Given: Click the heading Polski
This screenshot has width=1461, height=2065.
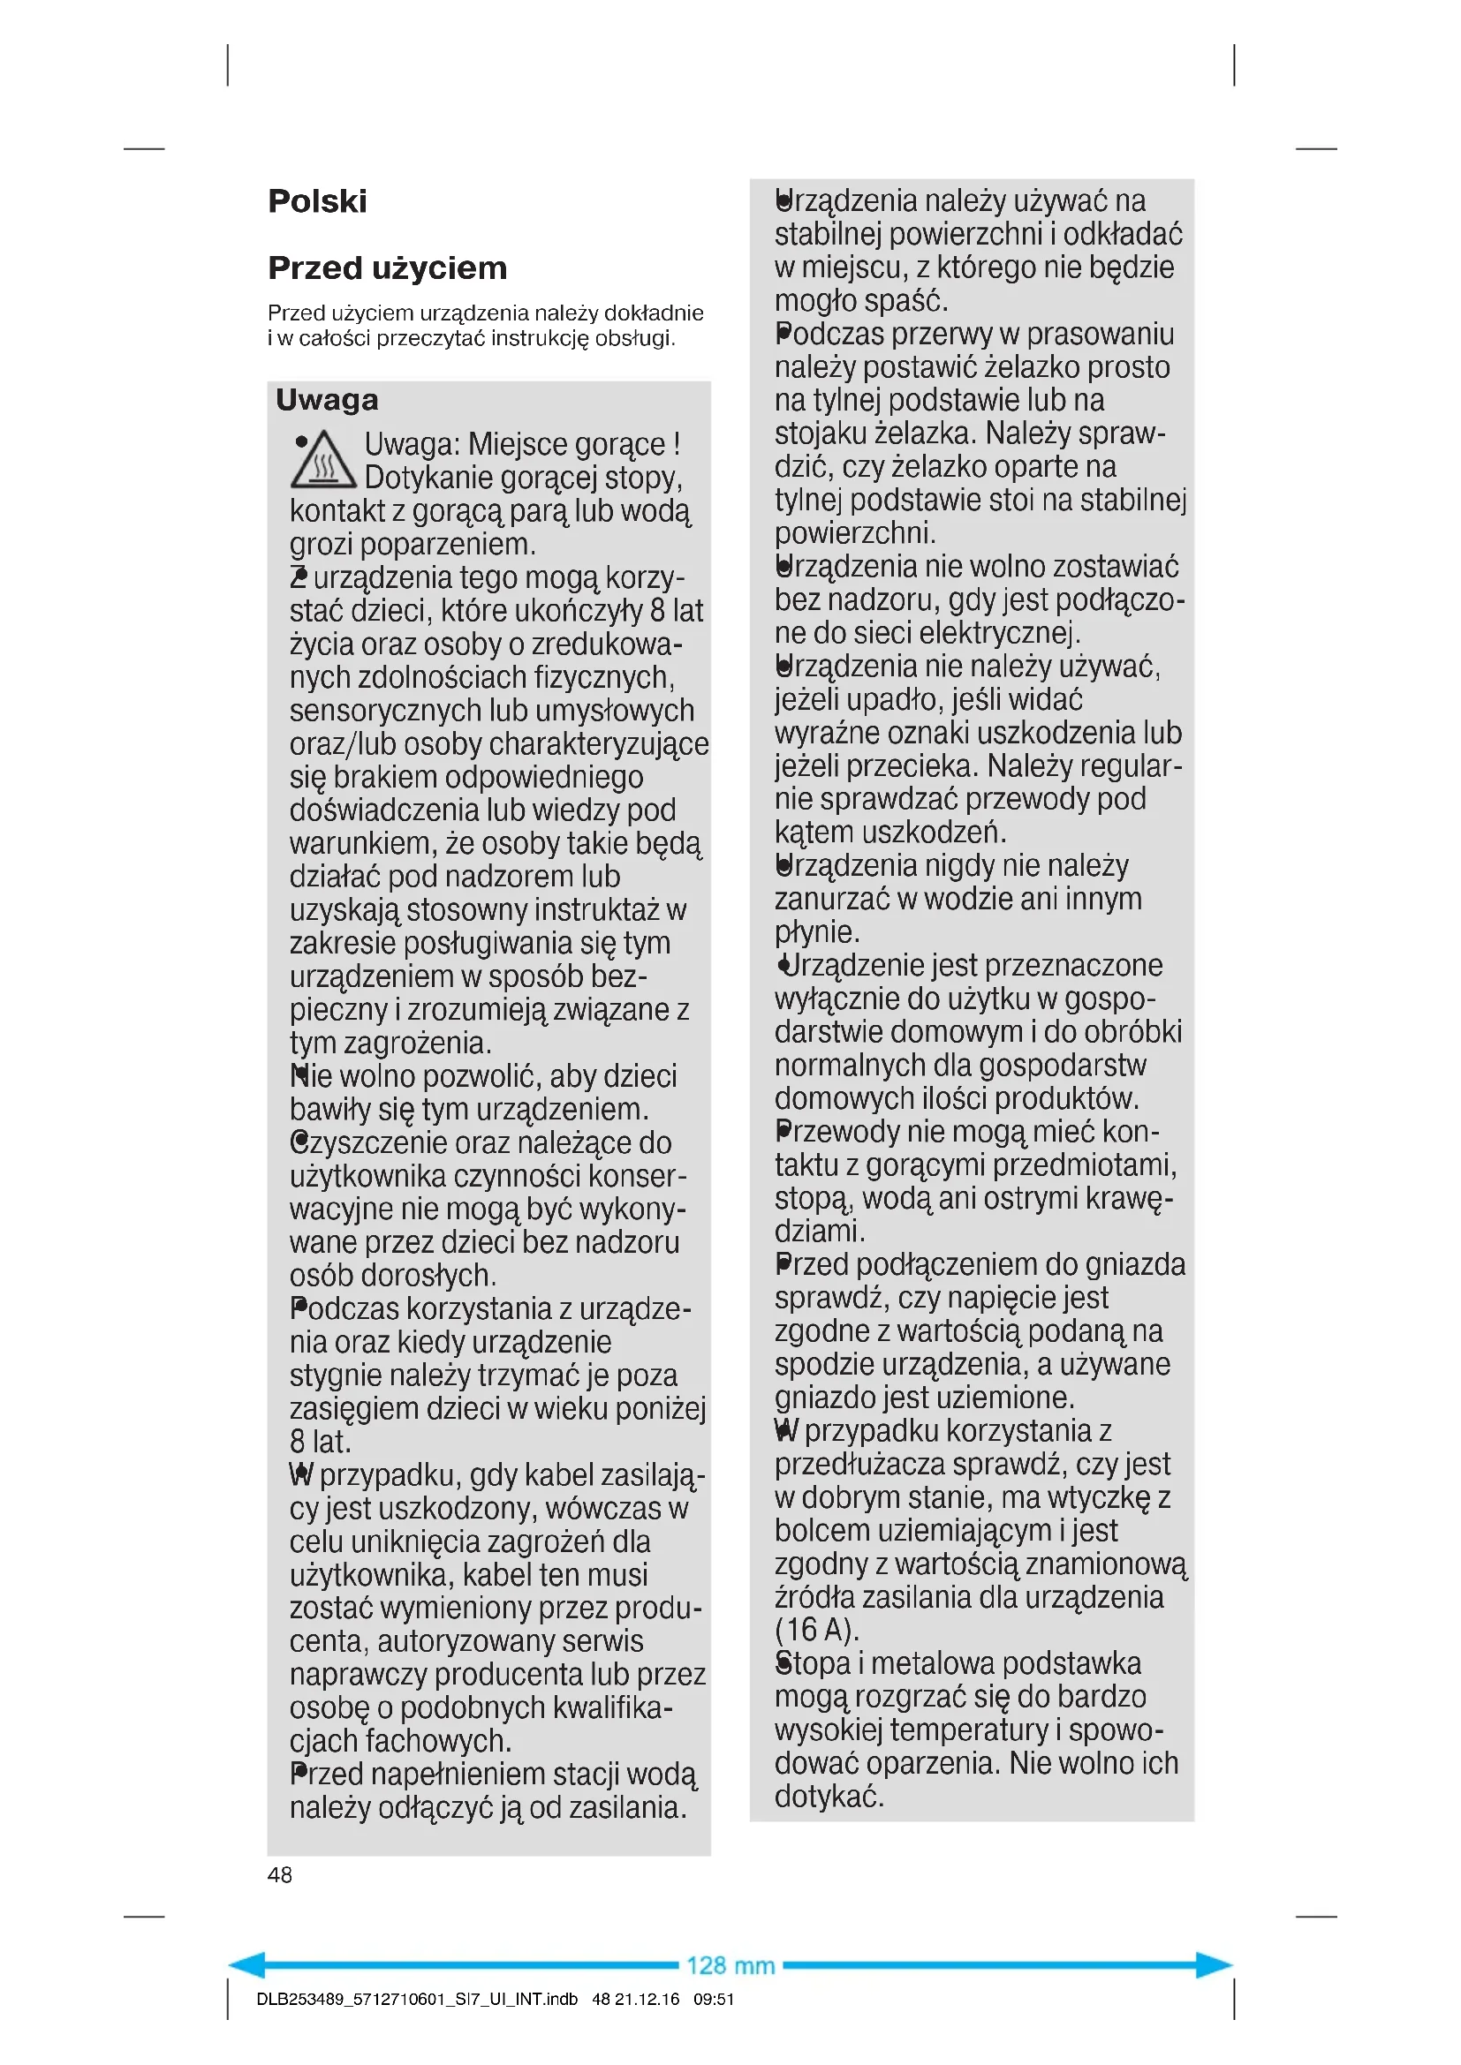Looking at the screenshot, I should coord(317,201).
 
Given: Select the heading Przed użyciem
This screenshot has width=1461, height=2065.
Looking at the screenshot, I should coord(387,268).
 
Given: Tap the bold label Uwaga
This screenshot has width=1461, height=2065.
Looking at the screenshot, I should coord(327,399).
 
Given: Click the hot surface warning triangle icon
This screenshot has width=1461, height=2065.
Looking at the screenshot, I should coord(323,461).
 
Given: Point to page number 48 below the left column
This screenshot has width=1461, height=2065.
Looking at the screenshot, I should coord(280,1874).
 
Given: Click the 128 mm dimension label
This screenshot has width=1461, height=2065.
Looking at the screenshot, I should coord(730,1965).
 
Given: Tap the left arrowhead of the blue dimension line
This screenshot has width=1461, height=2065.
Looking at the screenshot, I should coord(246,1965).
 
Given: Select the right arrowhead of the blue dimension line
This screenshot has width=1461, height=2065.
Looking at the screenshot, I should coord(1215,1965).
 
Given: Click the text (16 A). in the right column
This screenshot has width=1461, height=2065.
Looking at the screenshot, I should coord(817,1630).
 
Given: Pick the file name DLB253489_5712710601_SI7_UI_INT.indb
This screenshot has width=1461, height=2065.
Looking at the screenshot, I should coord(417,2000).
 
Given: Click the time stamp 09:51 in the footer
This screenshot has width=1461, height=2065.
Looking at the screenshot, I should coord(714,2000).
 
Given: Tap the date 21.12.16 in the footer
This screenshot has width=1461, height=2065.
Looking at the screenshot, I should coord(647,2000).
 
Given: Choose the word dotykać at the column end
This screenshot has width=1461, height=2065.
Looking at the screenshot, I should coord(829,1797).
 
